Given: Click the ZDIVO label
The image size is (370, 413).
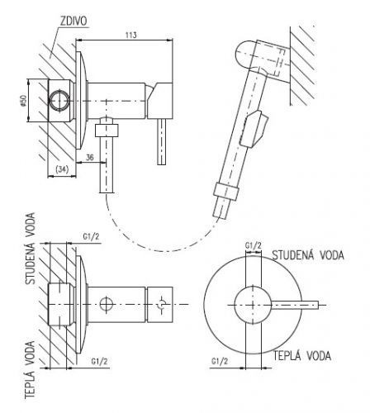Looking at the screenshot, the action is point(74,21).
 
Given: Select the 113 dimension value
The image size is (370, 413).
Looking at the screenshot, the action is point(130,35).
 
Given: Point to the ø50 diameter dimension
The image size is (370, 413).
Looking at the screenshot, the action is point(23,100).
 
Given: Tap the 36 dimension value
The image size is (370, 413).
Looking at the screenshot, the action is point(90,157).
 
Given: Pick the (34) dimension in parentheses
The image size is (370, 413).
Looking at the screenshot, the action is point(62,169).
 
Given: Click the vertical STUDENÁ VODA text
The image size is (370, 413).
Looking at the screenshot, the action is point(31,249).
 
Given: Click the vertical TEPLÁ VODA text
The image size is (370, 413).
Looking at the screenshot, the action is point(30,370).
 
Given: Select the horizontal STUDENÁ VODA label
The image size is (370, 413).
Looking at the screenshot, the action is point(308,255).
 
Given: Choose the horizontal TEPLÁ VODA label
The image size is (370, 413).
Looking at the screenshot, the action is point(302,356).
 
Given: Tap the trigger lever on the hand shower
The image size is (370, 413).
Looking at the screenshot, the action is point(254,129).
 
